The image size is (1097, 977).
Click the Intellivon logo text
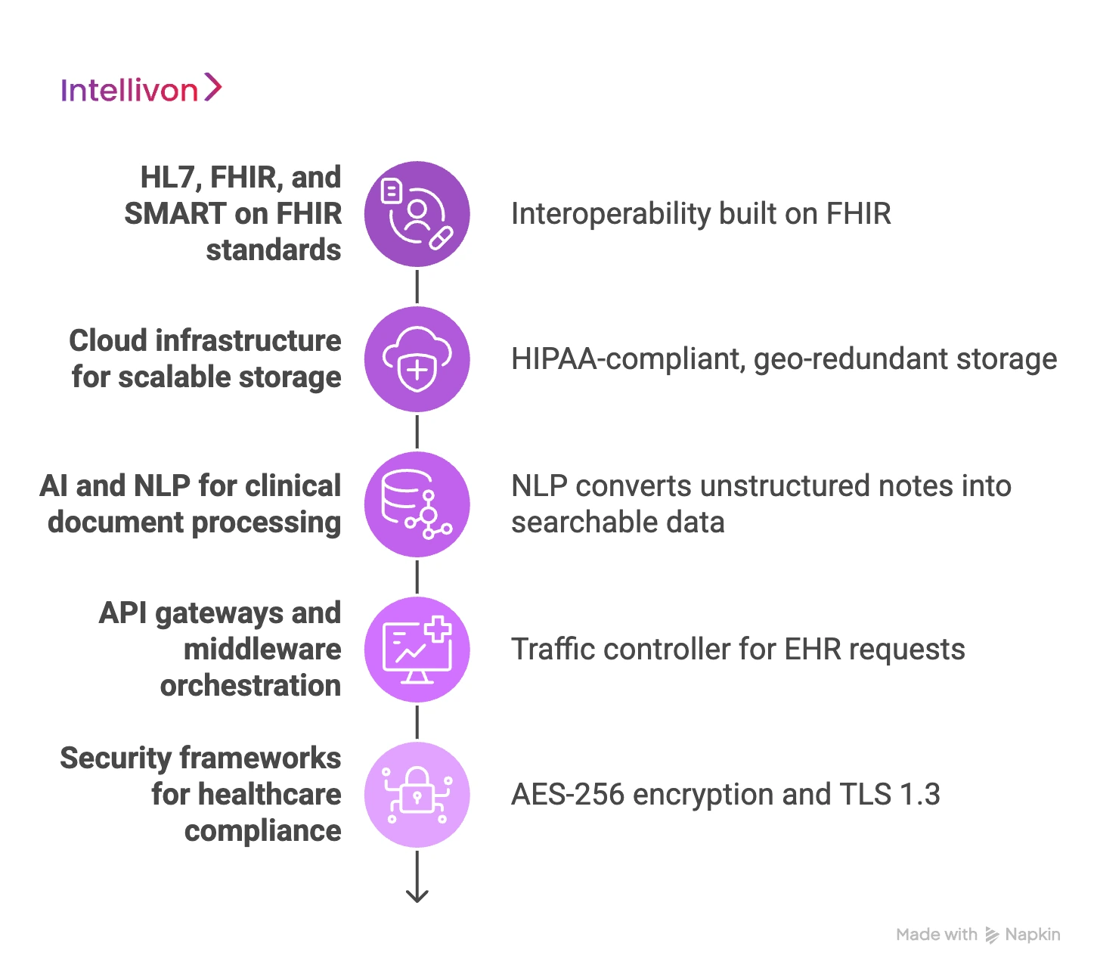pos(129,91)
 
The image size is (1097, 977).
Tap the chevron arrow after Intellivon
pos(213,88)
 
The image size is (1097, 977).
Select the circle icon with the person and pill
pos(417,214)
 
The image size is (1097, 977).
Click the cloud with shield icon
pos(417,359)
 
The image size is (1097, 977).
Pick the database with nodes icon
pos(417,504)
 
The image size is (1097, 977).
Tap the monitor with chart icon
pos(417,650)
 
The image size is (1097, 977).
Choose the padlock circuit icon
pos(417,795)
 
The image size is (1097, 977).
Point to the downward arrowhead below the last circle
pos(417,895)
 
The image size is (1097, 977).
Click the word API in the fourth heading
pos(122,613)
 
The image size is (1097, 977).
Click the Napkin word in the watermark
pos(1032,935)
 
